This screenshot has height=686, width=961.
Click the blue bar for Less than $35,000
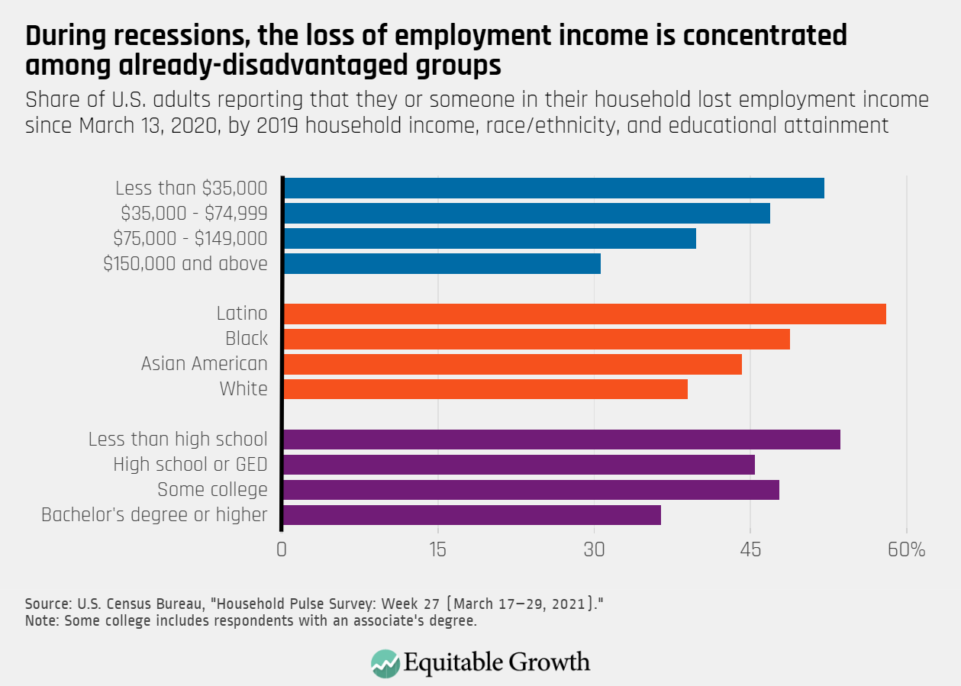coord(553,188)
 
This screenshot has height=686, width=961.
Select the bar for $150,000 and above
coord(442,264)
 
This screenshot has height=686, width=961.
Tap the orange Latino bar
coord(585,314)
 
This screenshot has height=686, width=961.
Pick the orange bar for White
coord(485,389)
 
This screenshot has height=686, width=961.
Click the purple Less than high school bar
coord(562,440)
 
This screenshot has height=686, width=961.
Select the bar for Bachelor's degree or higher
coord(472,515)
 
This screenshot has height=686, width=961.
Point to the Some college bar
coord(531,490)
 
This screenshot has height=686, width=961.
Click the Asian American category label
coord(205,364)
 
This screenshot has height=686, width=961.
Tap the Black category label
coord(247,339)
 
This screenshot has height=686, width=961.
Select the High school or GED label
coord(190,465)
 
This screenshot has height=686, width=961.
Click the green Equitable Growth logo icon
coord(385,662)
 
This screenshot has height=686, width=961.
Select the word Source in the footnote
coord(43,604)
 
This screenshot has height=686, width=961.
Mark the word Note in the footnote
coord(38,620)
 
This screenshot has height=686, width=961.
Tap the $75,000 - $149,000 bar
coord(489,239)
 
